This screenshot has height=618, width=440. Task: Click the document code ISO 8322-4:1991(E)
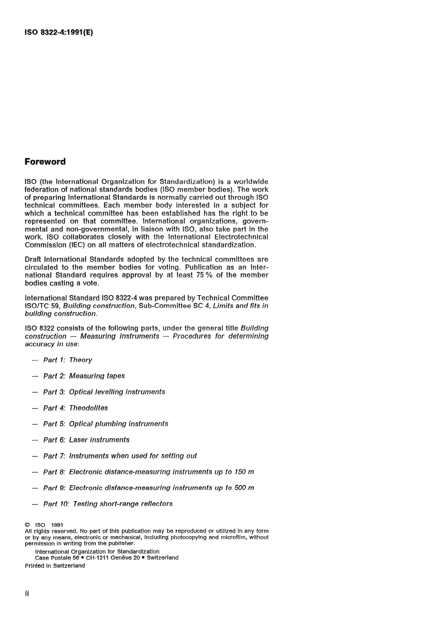59,33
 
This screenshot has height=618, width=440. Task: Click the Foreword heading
45,162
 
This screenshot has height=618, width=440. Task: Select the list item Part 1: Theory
68,360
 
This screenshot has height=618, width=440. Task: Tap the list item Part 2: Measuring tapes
84,376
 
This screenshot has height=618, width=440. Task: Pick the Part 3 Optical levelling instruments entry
104,392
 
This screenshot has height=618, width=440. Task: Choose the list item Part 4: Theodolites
75,408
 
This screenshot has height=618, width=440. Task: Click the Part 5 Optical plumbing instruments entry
106,424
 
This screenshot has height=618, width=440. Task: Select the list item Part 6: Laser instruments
86,440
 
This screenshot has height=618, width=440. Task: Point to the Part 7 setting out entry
120,456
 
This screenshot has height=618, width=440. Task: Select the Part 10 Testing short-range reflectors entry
108,504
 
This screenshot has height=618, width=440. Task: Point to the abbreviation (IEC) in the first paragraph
77,245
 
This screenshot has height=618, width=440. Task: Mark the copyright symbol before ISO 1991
27,525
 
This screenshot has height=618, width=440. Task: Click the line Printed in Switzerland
55,566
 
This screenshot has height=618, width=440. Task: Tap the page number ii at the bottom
27,593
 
